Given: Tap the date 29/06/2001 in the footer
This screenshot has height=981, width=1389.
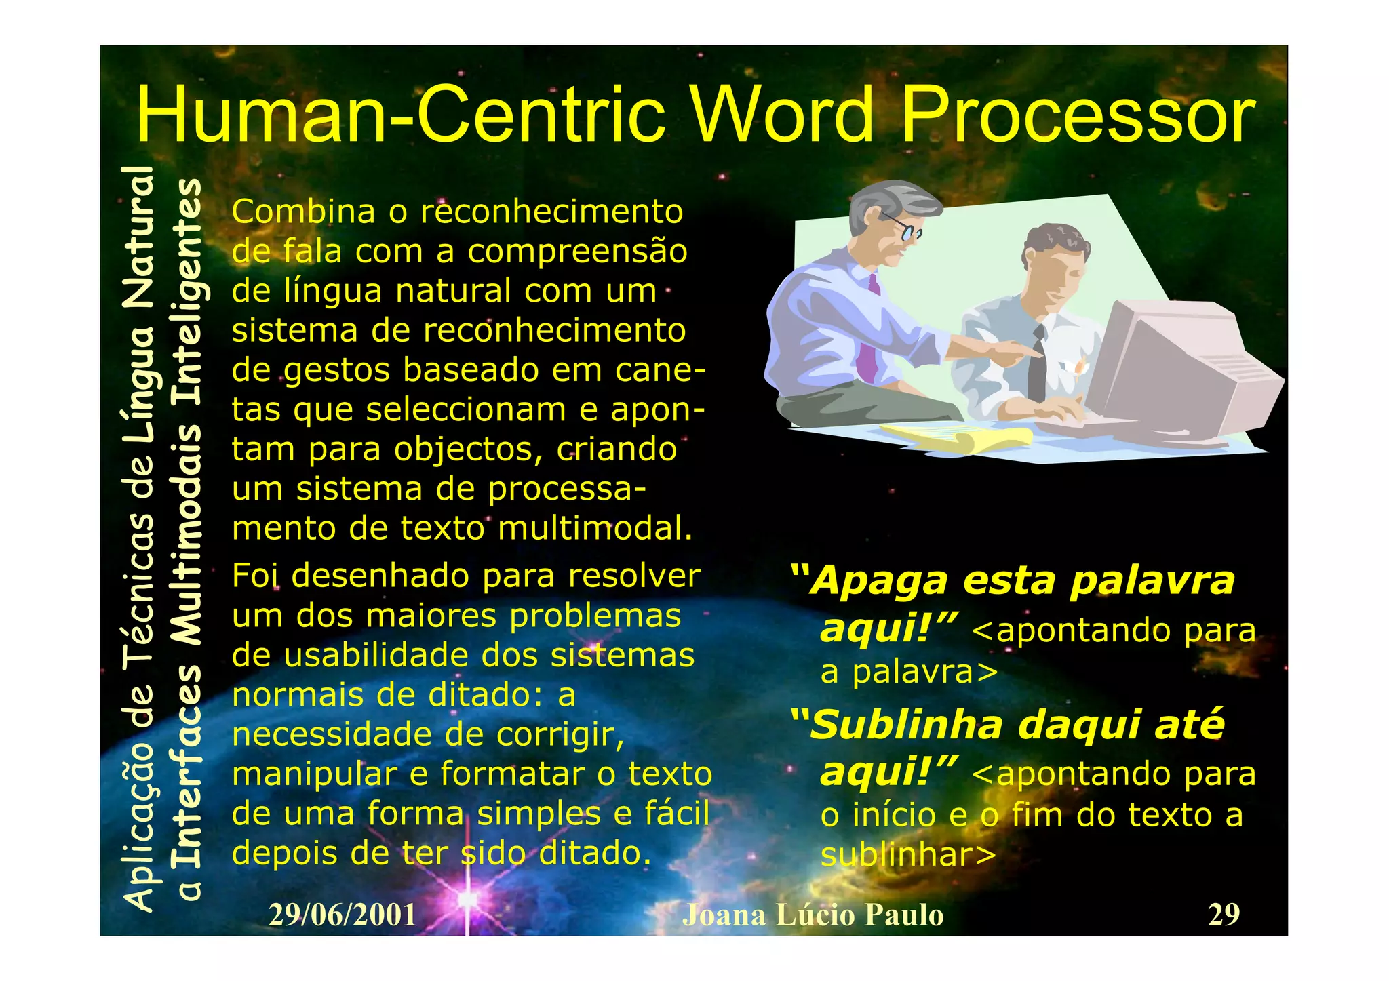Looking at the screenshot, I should coord(343,915).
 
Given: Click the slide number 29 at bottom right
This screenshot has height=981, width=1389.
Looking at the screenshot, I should coord(1224,915).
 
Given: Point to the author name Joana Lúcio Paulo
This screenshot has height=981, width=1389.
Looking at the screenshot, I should coord(813,915).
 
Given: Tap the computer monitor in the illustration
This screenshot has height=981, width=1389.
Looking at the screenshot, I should coord(1180,366).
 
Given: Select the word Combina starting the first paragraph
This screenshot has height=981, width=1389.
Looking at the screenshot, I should coord(303,212).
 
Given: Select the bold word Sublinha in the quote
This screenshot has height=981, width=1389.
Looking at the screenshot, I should coord(906,725).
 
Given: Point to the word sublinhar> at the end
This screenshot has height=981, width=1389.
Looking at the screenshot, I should coord(909,854).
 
